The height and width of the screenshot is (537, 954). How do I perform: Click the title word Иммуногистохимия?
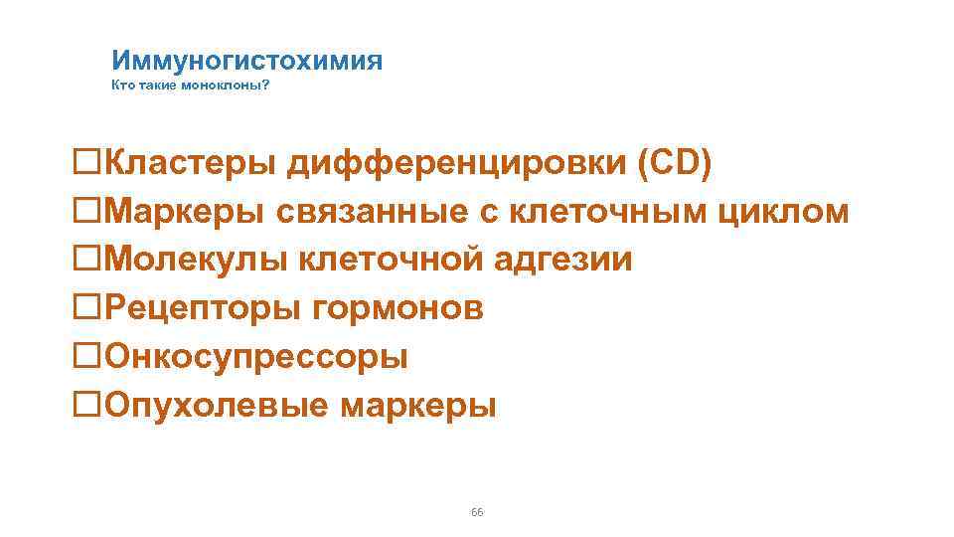(x=246, y=61)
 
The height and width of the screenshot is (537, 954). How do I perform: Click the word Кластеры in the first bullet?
(x=192, y=163)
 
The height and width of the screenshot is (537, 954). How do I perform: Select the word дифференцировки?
(x=457, y=163)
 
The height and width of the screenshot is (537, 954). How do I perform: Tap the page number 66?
(x=477, y=511)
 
